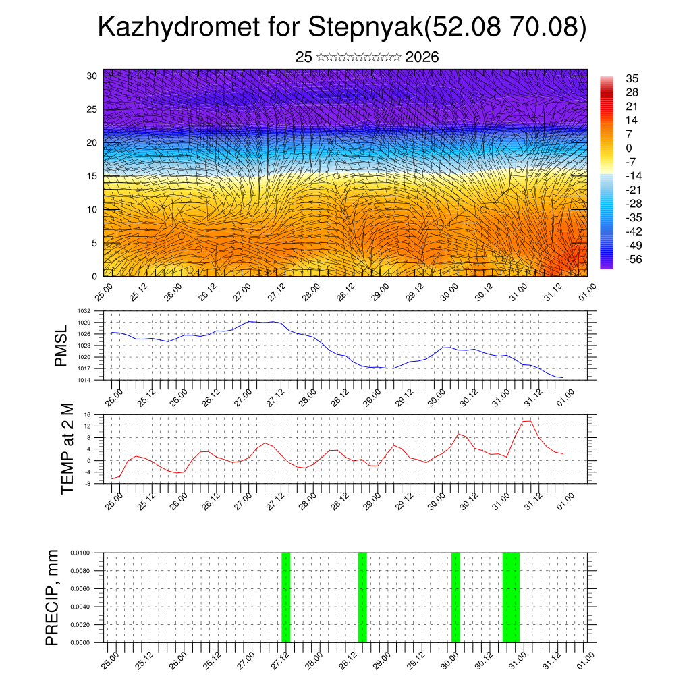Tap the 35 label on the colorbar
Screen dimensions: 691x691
[x=632, y=78]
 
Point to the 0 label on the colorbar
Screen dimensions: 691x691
[x=629, y=148]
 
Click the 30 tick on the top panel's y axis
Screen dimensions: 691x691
[x=92, y=76]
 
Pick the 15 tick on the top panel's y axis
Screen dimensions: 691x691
[x=92, y=176]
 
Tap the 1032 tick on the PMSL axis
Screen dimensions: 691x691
[x=84, y=311]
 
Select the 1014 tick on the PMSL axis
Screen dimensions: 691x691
[x=84, y=380]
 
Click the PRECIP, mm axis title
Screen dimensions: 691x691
[x=52, y=597]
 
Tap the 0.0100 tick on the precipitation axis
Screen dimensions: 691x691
[x=80, y=553]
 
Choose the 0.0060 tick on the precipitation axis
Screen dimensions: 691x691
[x=80, y=588]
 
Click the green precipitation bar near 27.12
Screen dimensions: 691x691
[x=285, y=597]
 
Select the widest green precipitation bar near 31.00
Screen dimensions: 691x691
[x=511, y=597]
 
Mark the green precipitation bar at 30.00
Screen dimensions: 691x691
[x=455, y=597]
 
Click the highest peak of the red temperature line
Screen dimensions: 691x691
[x=527, y=421]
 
